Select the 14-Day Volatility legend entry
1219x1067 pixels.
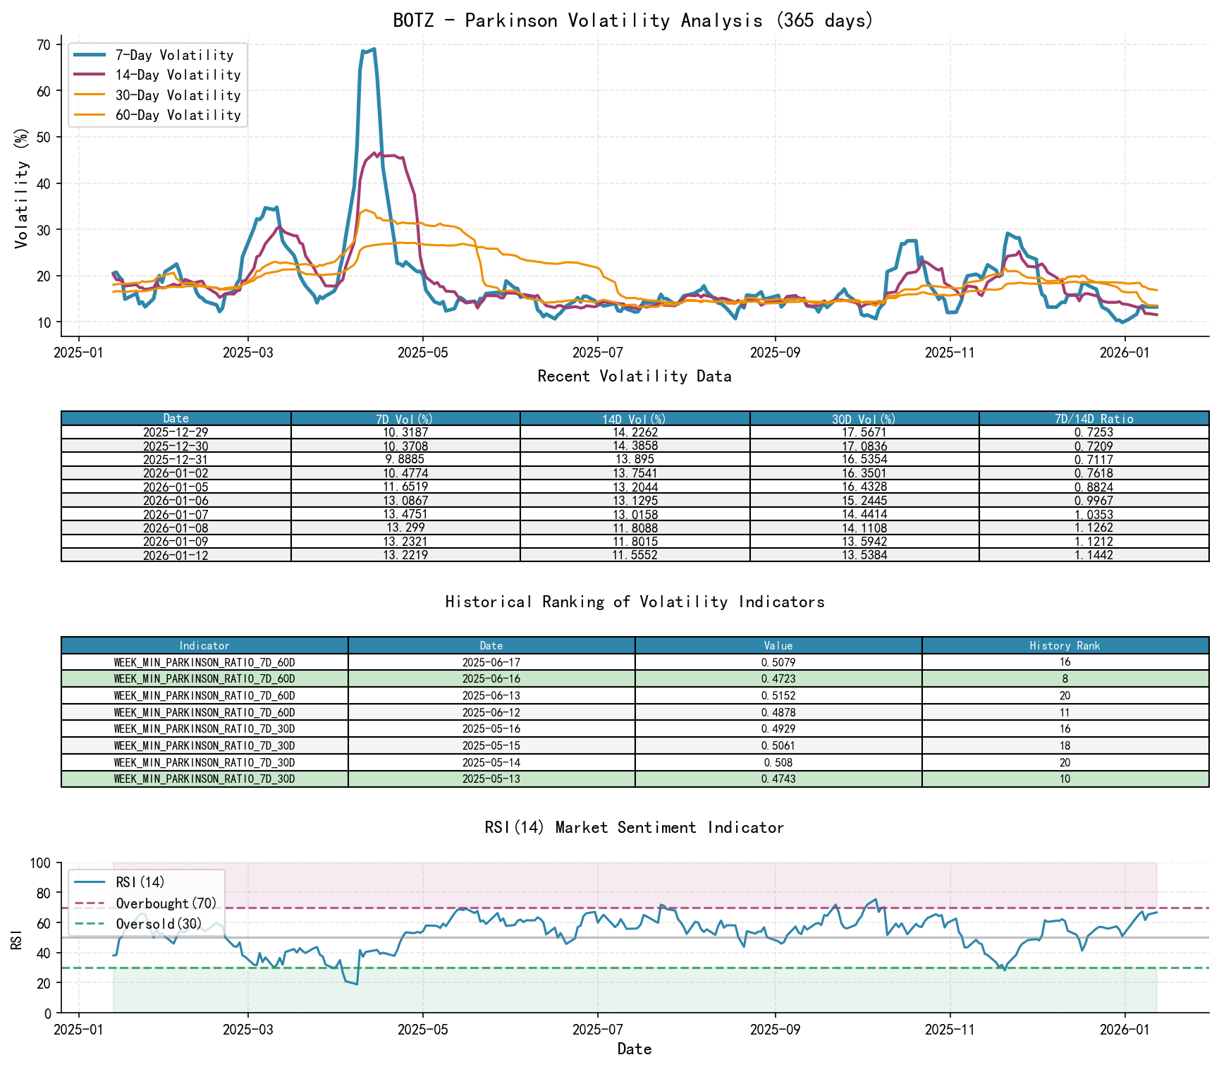[x=178, y=75]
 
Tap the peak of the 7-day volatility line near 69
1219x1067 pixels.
[x=374, y=49]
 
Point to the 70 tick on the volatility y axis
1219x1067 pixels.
[x=44, y=45]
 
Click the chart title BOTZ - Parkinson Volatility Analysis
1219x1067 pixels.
[x=633, y=20]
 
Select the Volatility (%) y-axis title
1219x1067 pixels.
[x=22, y=188]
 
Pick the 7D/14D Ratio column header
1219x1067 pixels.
[x=1094, y=419]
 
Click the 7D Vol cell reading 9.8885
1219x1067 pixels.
[x=405, y=460]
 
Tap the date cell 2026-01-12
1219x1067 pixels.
[x=176, y=556]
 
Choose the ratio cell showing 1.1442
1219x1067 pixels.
[x=1094, y=556]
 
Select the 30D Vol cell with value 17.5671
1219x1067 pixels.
[x=864, y=432]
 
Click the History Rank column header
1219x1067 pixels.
[x=1065, y=646]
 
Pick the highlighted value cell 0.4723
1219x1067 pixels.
[x=778, y=679]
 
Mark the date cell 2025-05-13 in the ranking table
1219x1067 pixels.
[x=491, y=779]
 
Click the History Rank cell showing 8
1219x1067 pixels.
[x=1065, y=679]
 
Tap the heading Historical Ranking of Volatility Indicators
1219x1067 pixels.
[x=635, y=602]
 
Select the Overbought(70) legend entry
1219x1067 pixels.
[x=166, y=903]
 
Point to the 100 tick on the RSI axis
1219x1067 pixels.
[x=41, y=863]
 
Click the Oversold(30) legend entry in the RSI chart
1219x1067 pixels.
[x=159, y=924]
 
